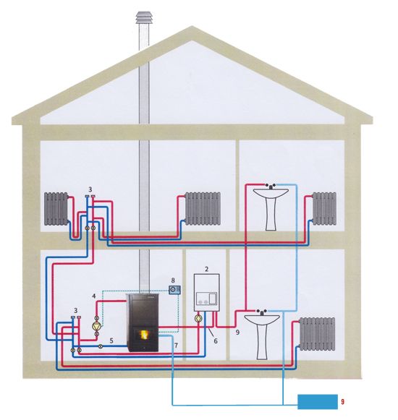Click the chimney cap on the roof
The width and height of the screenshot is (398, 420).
click(145, 17)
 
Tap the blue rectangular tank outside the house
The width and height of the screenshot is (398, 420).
click(318, 402)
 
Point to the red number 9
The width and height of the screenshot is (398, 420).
click(342, 402)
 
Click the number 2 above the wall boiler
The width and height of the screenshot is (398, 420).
click(206, 269)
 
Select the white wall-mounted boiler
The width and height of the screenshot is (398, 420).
click(206, 293)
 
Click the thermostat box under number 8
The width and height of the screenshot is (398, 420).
click(174, 290)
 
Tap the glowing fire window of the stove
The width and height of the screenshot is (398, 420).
click(144, 335)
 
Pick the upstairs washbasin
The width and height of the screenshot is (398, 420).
click(271, 207)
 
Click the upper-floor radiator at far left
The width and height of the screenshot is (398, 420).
click(56, 209)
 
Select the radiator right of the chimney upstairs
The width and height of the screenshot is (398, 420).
click(203, 209)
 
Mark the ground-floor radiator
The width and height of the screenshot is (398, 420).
click(317, 334)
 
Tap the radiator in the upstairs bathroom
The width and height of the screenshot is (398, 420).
click(324, 209)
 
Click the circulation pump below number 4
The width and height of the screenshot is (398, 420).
click(96, 326)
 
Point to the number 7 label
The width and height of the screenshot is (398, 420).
click(176, 346)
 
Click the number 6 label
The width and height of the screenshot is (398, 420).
click(216, 341)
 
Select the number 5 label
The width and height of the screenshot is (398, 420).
click(111, 341)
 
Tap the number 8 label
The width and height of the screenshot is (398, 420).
click(173, 280)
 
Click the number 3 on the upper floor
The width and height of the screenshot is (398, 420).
click(90, 189)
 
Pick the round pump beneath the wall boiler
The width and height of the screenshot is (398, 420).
click(198, 319)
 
